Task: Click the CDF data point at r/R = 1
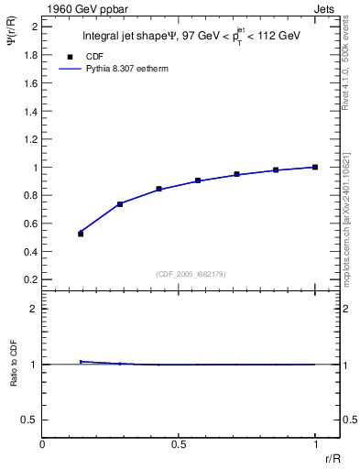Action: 315,167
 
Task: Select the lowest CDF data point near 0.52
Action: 81,234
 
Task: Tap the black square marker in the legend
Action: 70,55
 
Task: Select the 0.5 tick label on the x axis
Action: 179,444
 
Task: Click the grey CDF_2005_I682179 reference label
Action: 191,273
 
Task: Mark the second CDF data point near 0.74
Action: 120,203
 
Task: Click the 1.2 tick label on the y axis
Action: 31,139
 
